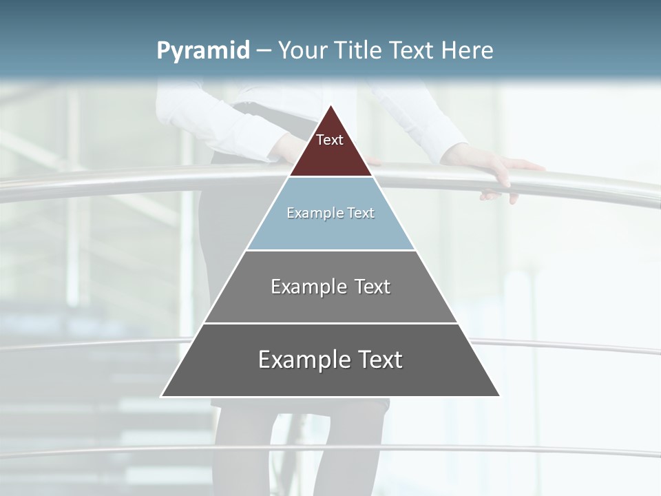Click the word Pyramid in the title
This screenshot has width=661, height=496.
pyautogui.click(x=203, y=51)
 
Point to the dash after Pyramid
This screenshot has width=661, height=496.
pyautogui.click(x=264, y=51)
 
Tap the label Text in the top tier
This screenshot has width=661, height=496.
pyautogui.click(x=330, y=141)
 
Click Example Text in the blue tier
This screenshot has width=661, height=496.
pyautogui.click(x=330, y=214)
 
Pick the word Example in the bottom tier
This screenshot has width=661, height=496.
pyautogui.click(x=303, y=360)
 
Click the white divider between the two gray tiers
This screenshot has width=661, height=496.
pyautogui.click(x=330, y=323)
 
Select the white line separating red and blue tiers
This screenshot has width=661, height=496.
pyautogui.click(x=330, y=177)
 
